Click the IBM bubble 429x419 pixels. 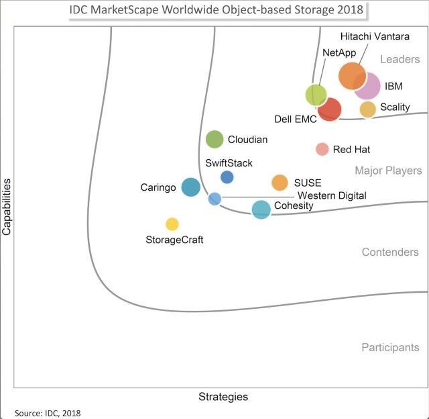(368, 87)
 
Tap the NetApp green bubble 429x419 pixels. (316, 95)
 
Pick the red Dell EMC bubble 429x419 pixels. (330, 109)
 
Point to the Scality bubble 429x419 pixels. (367, 109)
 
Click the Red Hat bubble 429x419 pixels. (322, 149)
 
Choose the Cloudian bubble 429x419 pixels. (214, 139)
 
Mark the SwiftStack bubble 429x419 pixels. (227, 177)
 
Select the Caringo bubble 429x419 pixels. (190, 187)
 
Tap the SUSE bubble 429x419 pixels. (280, 183)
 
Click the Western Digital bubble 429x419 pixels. (214, 199)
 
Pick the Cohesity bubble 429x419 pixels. (261, 209)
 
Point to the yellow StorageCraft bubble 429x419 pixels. (172, 224)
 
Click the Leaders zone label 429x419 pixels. (400, 60)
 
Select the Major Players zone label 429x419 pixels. (388, 171)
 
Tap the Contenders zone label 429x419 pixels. (390, 252)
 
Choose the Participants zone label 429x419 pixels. (390, 347)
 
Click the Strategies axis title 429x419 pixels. (223, 397)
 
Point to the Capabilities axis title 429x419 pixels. (7, 205)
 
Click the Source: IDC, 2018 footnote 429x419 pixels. (47, 412)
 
